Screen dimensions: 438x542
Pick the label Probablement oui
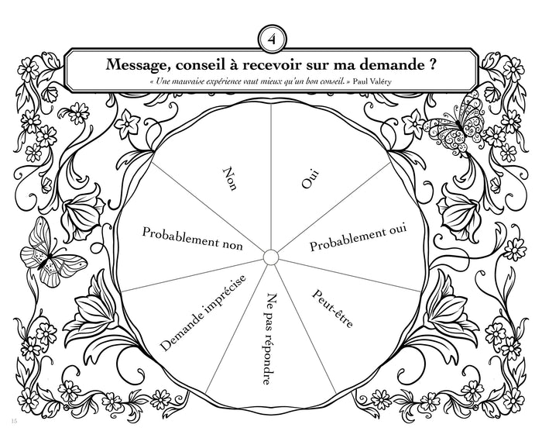click(x=358, y=236)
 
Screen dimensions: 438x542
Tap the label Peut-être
click(x=332, y=308)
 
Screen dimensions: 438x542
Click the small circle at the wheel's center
click(x=270, y=257)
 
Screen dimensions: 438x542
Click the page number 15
click(x=13, y=421)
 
